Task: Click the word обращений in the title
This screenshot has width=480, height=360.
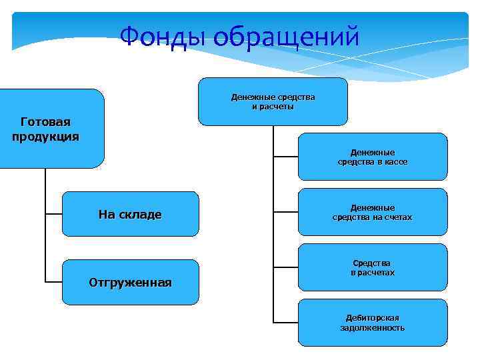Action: pos(288,37)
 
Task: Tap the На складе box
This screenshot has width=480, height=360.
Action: pos(130,214)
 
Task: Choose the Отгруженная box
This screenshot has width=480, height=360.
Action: pos(130,282)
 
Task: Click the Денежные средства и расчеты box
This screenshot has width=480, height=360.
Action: pos(273,101)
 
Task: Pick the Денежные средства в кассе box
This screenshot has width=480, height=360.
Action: pos(373,157)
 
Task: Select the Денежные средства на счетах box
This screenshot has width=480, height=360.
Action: pos(373,212)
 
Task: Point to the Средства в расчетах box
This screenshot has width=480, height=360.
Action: pos(373,267)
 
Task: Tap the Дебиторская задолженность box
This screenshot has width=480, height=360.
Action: pos(373,323)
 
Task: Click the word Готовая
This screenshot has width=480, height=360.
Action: pos(45,122)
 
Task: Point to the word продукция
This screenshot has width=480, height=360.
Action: pos(45,137)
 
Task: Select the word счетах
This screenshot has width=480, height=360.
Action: pos(397,217)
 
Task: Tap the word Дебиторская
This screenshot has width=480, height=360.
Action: pos(373,318)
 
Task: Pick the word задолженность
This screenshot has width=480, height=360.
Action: pos(373,328)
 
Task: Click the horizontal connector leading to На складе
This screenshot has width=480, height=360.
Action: pos(53,214)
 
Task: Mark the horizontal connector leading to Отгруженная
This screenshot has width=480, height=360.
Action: pos(53,282)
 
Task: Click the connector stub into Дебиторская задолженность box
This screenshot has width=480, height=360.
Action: pos(286,323)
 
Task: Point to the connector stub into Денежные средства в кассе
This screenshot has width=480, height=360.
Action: pos(286,157)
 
